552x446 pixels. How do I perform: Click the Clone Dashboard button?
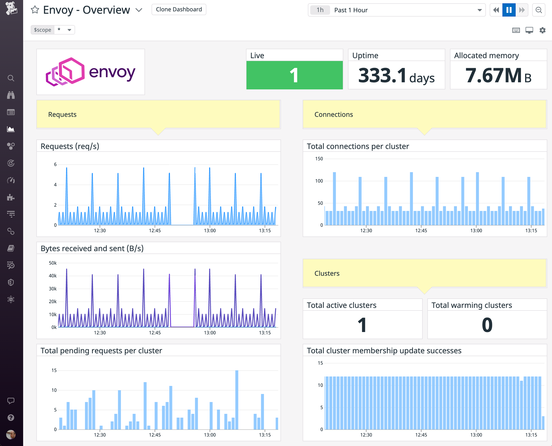tap(179, 9)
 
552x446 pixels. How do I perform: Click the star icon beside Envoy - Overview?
tap(35, 10)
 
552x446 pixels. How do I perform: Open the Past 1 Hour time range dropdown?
tap(396, 10)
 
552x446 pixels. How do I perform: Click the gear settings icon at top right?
tap(542, 30)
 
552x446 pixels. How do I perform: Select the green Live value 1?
tap(294, 75)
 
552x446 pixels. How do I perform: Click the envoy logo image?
tap(91, 72)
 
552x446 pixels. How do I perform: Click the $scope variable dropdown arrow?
tap(69, 30)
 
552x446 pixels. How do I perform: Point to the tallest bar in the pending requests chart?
tap(237, 399)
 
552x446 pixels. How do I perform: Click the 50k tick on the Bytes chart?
tap(53, 263)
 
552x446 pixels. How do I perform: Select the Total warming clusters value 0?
tap(487, 325)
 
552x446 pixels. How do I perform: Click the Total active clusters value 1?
tap(362, 325)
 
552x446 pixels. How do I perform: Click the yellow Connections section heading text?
tap(333, 115)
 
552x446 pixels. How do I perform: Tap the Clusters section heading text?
tap(327, 273)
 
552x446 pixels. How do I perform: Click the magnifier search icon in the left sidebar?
tap(11, 78)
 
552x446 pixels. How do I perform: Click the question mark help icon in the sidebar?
tap(11, 417)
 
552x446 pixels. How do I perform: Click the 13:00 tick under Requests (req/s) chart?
tap(210, 231)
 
